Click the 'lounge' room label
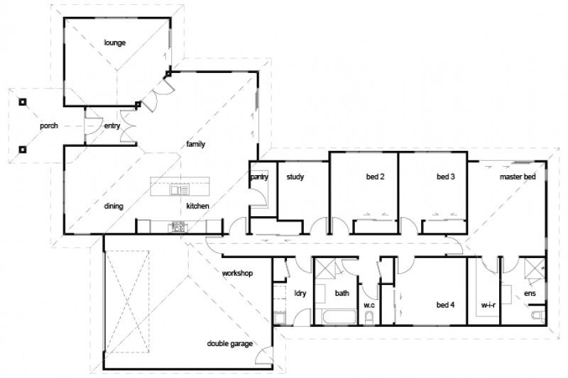(114, 43)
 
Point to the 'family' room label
(196, 144)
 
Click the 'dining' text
(114, 206)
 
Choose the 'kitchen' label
(197, 206)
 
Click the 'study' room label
(295, 177)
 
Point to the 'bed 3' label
(445, 177)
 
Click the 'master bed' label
(517, 177)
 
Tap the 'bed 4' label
(445, 305)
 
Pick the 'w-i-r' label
(488, 305)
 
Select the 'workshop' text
(237, 272)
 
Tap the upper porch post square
(22, 101)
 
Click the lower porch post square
(22, 149)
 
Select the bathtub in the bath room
(337, 316)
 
